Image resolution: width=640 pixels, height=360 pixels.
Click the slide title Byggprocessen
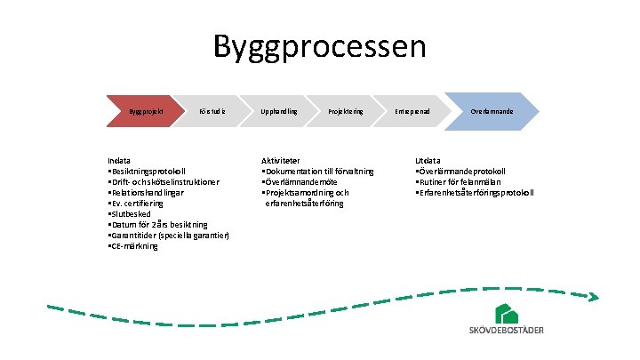(320, 46)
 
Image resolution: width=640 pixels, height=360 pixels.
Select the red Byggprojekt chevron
(142, 111)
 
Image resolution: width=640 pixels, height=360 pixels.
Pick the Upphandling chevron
(278, 111)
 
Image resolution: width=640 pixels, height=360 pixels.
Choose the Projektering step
(345, 111)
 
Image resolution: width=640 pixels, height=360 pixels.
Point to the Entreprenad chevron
(412, 111)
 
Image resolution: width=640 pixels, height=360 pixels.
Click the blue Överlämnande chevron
(491, 111)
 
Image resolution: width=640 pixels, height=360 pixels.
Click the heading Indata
(118, 160)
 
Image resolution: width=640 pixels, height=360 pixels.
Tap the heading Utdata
(427, 160)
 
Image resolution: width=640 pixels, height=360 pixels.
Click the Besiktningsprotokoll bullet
(147, 171)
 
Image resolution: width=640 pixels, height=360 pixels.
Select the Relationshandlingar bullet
(146, 192)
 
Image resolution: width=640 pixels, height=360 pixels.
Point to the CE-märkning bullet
(132, 245)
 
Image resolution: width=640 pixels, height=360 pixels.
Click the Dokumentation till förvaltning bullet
(317, 171)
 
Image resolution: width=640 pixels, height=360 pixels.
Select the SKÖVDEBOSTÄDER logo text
(507, 331)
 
